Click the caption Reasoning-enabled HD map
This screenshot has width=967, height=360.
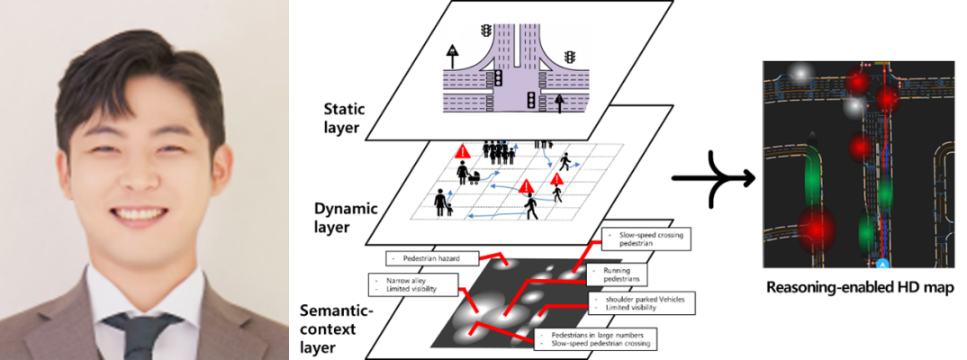point(859,288)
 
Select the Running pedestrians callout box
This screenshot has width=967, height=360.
point(622,274)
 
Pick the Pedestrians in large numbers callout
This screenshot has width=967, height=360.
point(596,338)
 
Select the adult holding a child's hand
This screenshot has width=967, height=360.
point(442,203)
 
